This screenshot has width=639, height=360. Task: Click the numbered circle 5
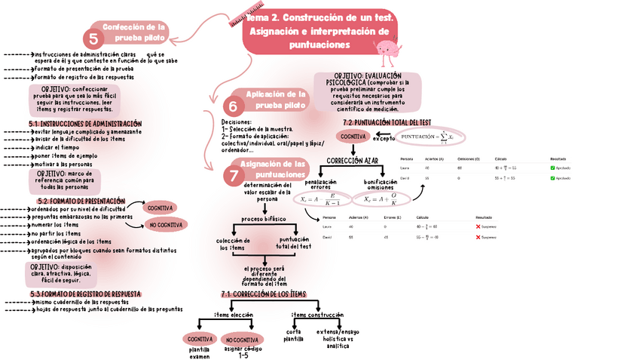pyautogui.click(x=94, y=38)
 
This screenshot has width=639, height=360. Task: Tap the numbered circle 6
pyautogui.click(x=234, y=106)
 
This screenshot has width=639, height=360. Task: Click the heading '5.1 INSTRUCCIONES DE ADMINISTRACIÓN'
pyautogui.click(x=85, y=123)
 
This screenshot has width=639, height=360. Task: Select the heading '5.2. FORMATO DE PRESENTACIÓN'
pyautogui.click(x=81, y=202)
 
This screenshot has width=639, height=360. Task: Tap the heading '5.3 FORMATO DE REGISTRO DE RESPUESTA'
pyautogui.click(x=85, y=294)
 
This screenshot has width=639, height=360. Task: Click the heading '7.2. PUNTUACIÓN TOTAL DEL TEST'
pyautogui.click(x=387, y=122)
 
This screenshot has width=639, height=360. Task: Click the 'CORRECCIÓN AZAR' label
pyautogui.click(x=352, y=161)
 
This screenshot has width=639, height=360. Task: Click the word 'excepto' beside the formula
pyautogui.click(x=383, y=139)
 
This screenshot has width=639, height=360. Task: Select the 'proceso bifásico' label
pyautogui.click(x=261, y=219)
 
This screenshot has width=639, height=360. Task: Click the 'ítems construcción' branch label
pyautogui.click(x=317, y=315)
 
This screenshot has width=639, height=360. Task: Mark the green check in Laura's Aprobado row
pyautogui.click(x=552, y=168)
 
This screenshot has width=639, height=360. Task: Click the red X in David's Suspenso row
pyautogui.click(x=478, y=237)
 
